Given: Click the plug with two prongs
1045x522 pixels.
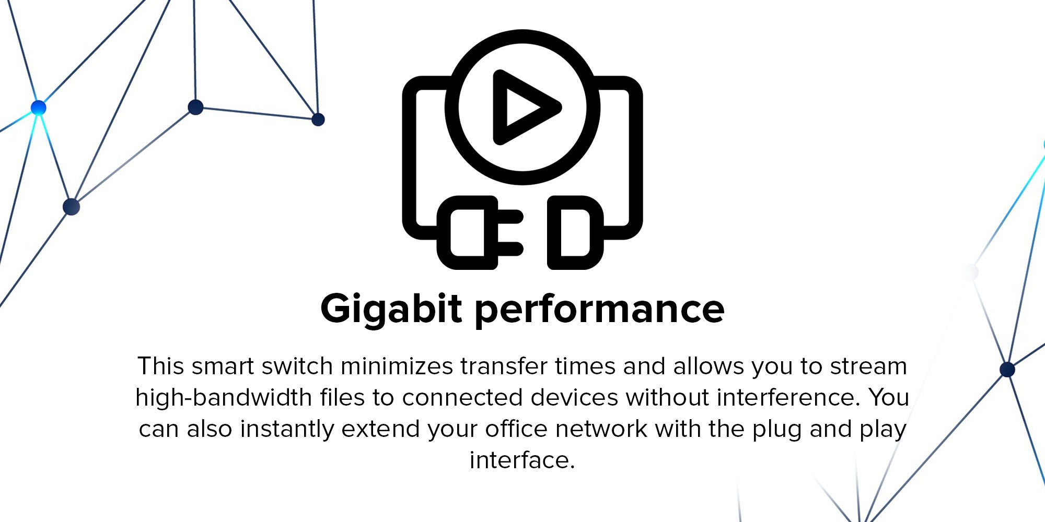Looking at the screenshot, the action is pyautogui.click(x=480, y=233).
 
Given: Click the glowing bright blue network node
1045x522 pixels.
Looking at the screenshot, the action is pyautogui.click(x=38, y=108).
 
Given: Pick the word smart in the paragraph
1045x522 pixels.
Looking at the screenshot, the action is pyautogui.click(x=223, y=366).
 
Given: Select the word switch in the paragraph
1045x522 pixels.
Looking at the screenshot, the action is pyautogui.click(x=297, y=366).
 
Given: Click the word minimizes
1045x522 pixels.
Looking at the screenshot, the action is pyautogui.click(x=397, y=366).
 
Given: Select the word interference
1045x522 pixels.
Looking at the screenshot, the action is pyautogui.click(x=788, y=397).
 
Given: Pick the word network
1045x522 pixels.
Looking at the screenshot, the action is pyautogui.click(x=601, y=429).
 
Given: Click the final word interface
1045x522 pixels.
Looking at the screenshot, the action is pyautogui.click(x=522, y=460).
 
